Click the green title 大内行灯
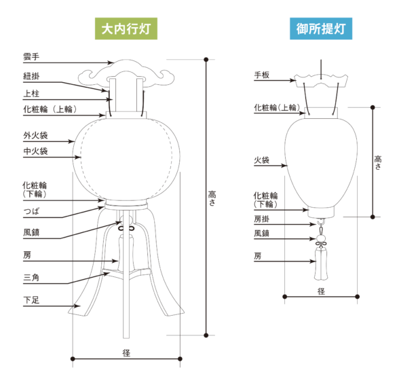[x=126, y=29]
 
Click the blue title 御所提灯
[x=321, y=29]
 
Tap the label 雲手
[x=31, y=56]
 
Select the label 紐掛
[x=31, y=76]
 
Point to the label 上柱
[x=31, y=94]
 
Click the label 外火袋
[x=35, y=135]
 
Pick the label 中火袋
[x=35, y=151]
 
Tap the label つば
[x=31, y=211]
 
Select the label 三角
[x=31, y=277]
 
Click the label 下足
[x=31, y=300]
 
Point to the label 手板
[x=262, y=75]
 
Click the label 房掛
[x=262, y=219]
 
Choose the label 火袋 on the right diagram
[x=262, y=160]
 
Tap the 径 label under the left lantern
[x=126, y=353]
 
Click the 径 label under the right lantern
[x=321, y=291]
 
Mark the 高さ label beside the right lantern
[x=378, y=162]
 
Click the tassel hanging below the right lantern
[x=321, y=263]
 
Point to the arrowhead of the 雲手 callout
[x=110, y=62]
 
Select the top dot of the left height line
[x=206, y=60]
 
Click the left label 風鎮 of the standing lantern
[x=31, y=232]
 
